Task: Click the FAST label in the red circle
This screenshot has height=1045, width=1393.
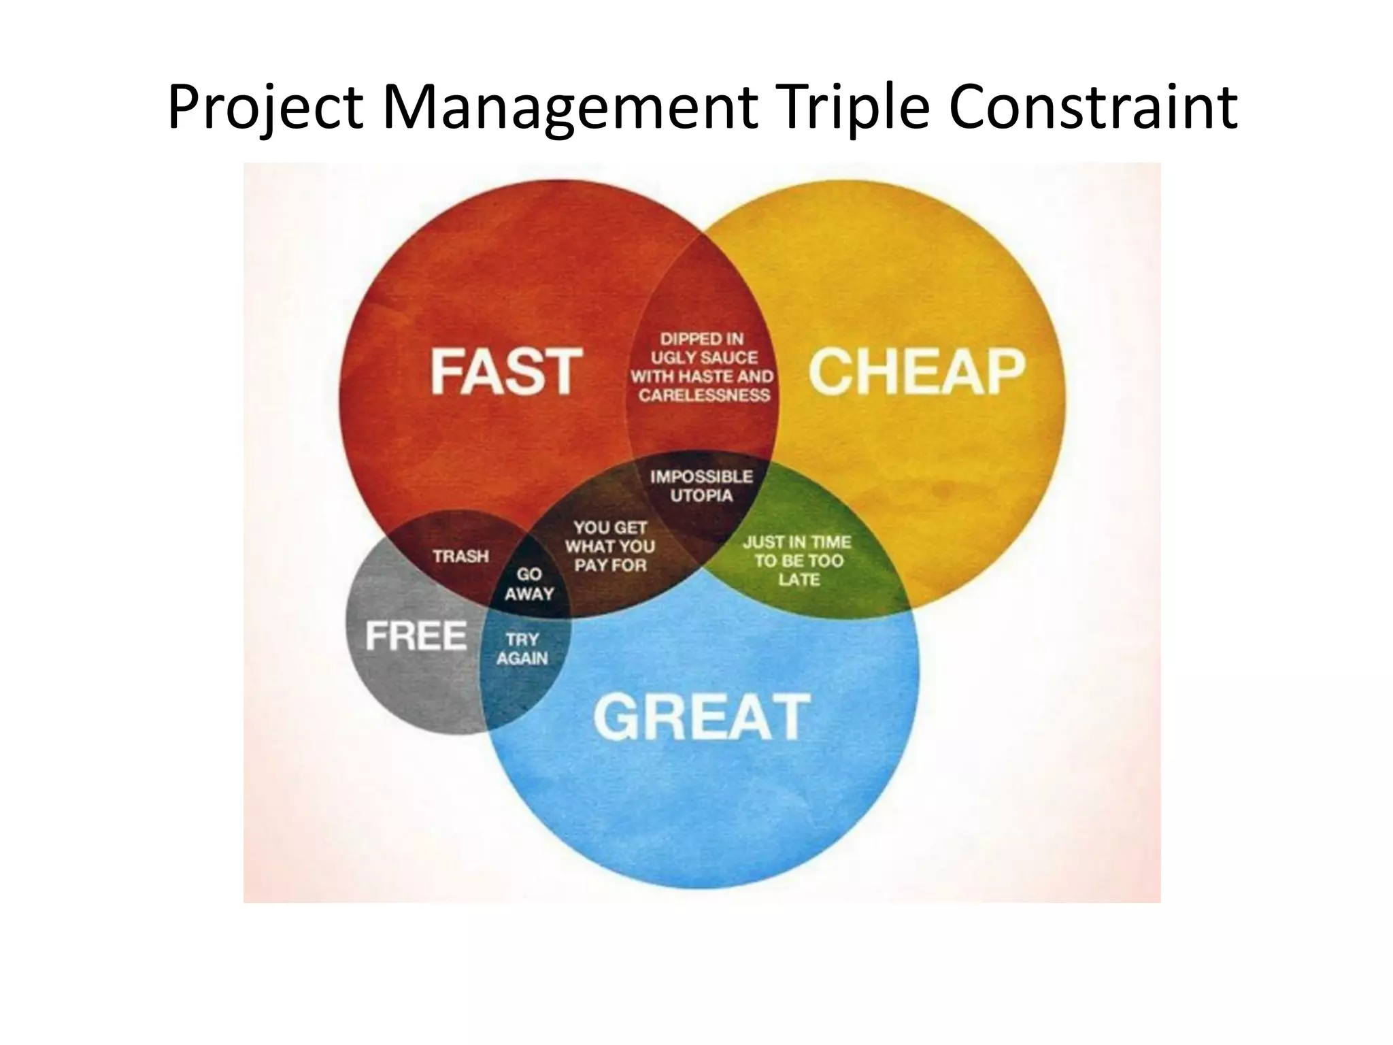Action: pyautogui.click(x=506, y=371)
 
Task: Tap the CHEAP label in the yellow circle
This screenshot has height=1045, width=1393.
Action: pyautogui.click(x=916, y=371)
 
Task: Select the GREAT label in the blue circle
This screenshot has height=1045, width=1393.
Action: pyautogui.click(x=702, y=717)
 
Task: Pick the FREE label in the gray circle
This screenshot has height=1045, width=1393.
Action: pyautogui.click(x=416, y=636)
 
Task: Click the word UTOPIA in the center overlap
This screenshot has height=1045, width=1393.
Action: pyautogui.click(x=701, y=495)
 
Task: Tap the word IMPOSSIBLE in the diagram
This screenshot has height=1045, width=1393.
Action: pyautogui.click(x=701, y=476)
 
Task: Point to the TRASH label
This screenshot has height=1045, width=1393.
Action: pyautogui.click(x=461, y=557)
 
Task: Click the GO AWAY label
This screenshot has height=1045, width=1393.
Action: pyautogui.click(x=529, y=584)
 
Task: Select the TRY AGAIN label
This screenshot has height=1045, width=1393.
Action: pyautogui.click(x=522, y=649)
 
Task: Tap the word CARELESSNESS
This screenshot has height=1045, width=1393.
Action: pyautogui.click(x=704, y=395)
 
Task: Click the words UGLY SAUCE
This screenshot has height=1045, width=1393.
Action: pyautogui.click(x=704, y=357)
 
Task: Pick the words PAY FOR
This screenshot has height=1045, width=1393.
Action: pyautogui.click(x=610, y=565)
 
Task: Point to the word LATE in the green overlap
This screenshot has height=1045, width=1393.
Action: pyautogui.click(x=799, y=580)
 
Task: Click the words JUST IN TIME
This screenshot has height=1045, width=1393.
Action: pyautogui.click(x=797, y=542)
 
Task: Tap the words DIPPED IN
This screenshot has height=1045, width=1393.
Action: pyautogui.click(x=702, y=339)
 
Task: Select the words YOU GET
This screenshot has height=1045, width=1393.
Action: pyautogui.click(x=610, y=527)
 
